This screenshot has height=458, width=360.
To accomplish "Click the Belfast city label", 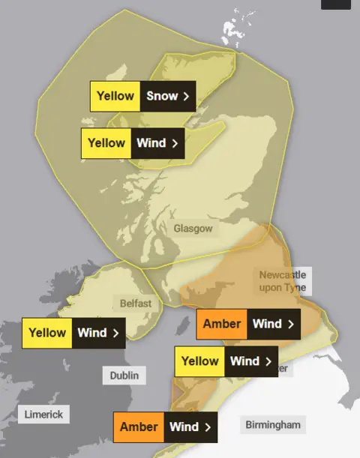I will click(136, 304).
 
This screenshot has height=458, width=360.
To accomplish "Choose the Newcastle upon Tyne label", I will click(282, 281).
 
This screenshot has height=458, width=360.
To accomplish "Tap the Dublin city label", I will click(124, 375).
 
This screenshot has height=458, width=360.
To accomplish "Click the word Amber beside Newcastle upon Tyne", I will click(222, 324).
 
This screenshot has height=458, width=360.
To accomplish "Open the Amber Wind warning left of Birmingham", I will click(166, 427).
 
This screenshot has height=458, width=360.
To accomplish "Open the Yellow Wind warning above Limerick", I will click(74, 333).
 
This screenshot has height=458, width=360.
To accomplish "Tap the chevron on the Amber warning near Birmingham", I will click(207, 427).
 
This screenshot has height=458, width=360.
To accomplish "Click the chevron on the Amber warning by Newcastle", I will click(290, 324).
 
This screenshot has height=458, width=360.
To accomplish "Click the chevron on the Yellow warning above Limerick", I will click(115, 333).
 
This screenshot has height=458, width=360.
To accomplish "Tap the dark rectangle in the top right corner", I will click(335, 4).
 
